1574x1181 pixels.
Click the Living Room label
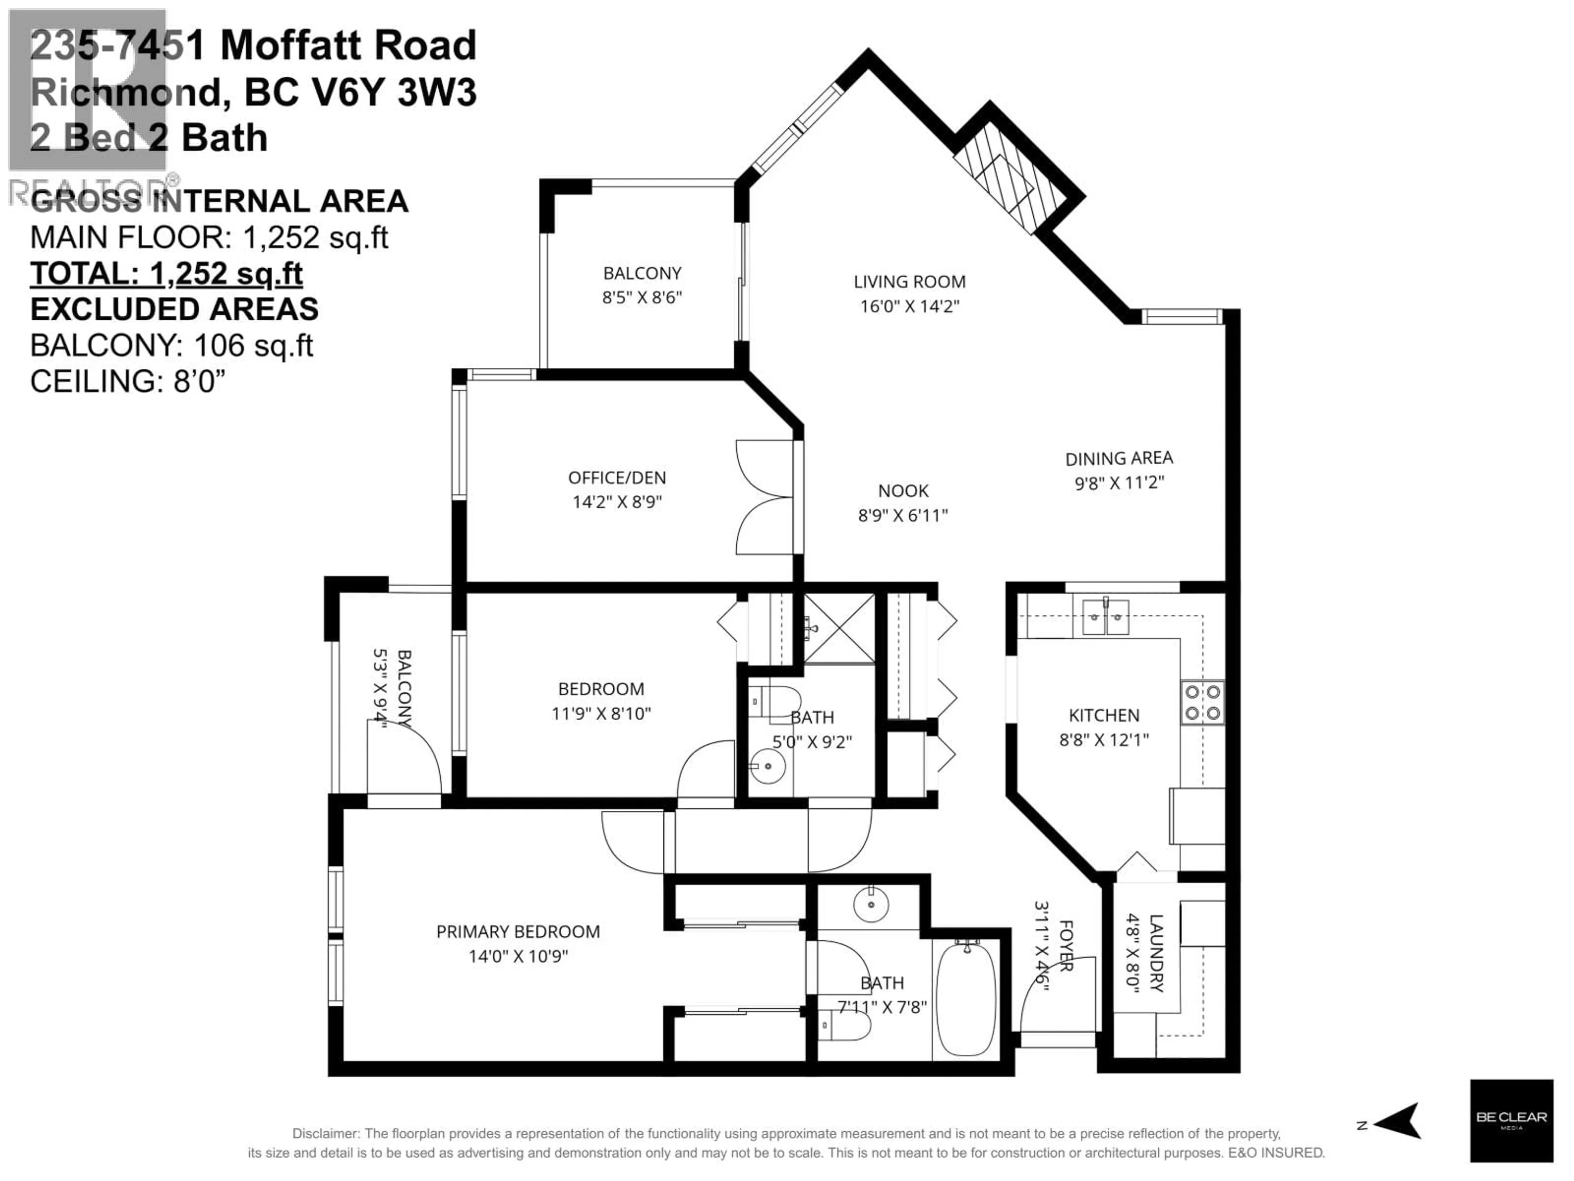[910, 282]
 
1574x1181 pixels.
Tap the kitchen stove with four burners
[1203, 702]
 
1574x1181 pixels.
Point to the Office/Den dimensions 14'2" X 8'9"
[617, 502]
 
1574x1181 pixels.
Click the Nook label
[903, 491]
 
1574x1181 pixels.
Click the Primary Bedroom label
[518, 932]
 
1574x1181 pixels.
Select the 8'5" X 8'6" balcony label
[642, 298]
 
